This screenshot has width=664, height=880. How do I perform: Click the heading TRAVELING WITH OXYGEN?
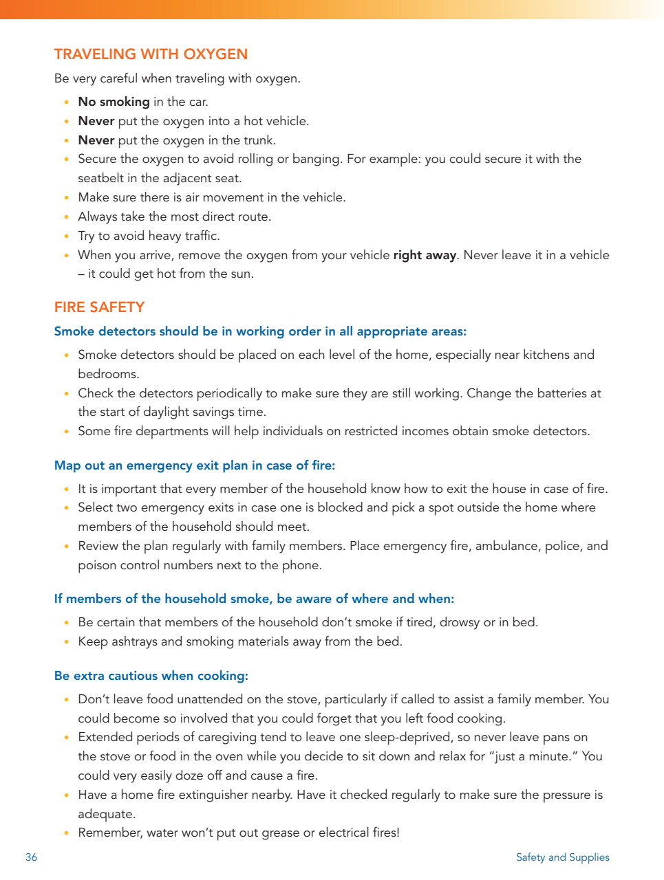[x=151, y=54]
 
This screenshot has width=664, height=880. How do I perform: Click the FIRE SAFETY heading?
[x=99, y=307]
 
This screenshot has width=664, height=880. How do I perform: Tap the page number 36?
[x=32, y=857]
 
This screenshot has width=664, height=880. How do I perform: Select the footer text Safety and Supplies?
[x=562, y=857]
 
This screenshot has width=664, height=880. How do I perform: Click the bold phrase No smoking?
[x=114, y=102]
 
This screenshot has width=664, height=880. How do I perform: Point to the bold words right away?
[x=425, y=255]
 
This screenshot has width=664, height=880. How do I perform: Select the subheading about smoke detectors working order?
[x=260, y=331]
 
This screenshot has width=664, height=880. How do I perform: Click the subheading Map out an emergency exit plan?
[x=195, y=465]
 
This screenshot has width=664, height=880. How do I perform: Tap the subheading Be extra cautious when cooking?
[x=151, y=676]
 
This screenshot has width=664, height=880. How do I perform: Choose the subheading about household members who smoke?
[x=254, y=599]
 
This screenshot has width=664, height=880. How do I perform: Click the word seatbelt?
[x=100, y=178]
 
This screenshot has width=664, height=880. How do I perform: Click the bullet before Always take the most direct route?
[x=66, y=217]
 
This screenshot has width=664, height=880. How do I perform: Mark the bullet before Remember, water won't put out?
[x=66, y=833]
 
